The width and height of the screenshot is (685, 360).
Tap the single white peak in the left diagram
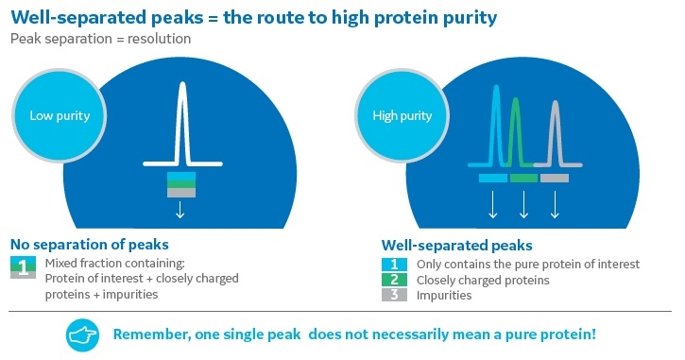click(x=180, y=123)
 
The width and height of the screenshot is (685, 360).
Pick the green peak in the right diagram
click(x=515, y=128)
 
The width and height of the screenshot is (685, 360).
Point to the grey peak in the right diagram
click(x=555, y=128)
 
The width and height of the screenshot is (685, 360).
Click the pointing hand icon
click(x=82, y=335)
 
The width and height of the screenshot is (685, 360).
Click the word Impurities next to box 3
click(x=445, y=296)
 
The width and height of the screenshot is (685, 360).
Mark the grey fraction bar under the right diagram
click(x=554, y=178)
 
